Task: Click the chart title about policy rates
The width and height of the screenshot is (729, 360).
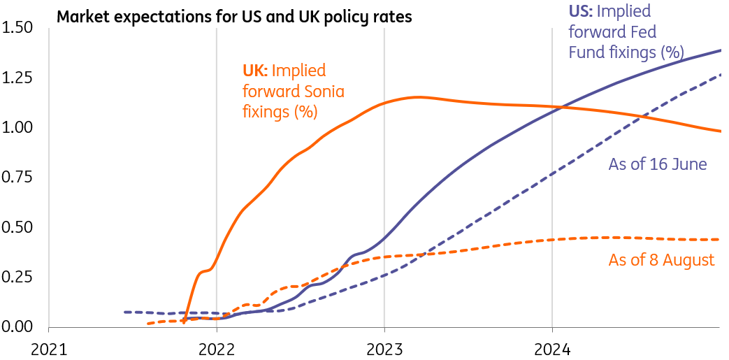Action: pos(234,16)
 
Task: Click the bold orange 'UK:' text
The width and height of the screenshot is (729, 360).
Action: pos(255,70)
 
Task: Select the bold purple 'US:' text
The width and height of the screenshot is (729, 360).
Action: pos(582,11)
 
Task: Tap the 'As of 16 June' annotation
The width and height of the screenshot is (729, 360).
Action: pos(658,164)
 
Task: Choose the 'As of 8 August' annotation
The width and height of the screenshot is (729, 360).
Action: pos(661,260)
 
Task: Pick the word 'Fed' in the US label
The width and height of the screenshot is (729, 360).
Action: pos(644,31)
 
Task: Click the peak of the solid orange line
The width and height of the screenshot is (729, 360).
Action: pos(418,97)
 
